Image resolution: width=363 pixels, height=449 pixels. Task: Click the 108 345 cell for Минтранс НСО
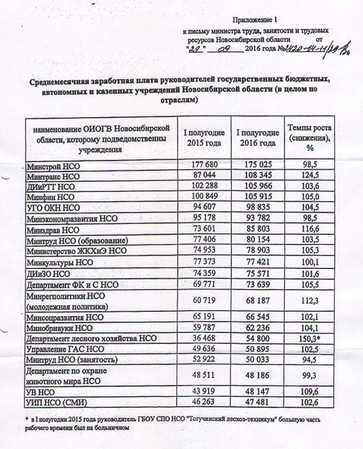[x=256, y=176]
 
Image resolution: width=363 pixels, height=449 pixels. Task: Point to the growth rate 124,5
[x=309, y=176]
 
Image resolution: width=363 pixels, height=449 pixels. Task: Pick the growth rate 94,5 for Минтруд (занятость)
[x=309, y=359]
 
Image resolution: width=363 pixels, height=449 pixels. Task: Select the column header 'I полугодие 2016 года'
[x=256, y=137]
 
